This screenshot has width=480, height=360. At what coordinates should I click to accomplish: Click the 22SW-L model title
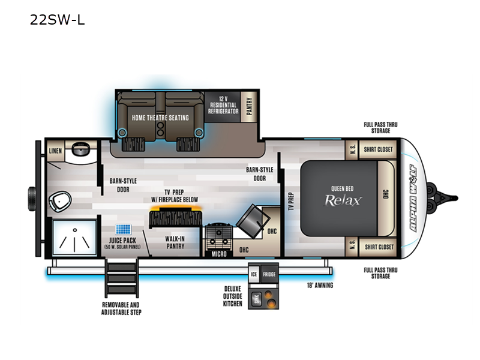pyautogui.click(x=57, y=20)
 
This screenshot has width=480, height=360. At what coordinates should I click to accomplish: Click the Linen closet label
pyautogui.click(x=55, y=151)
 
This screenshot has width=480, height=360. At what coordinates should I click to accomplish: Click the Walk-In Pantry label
pyautogui.click(x=175, y=242)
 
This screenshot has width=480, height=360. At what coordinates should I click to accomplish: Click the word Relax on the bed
pyautogui.click(x=343, y=200)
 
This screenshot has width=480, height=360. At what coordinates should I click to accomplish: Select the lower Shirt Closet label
pyautogui.click(x=379, y=247)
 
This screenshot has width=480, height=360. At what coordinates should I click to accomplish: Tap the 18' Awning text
pyautogui.click(x=319, y=285)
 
